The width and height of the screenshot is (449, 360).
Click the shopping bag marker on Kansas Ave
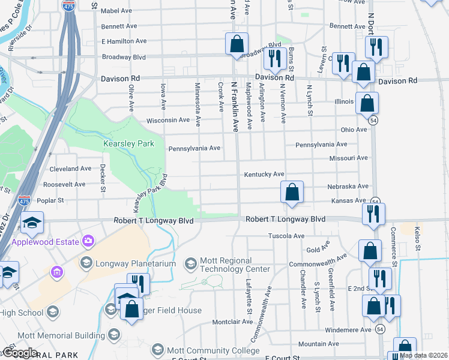click(292, 193)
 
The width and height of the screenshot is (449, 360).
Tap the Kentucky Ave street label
click(264, 174)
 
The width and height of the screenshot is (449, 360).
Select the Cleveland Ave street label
click(70, 169)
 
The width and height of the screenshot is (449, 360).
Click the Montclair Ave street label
click(232, 322)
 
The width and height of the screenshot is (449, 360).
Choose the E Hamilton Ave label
click(124, 41)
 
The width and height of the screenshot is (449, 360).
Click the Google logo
click(19, 353)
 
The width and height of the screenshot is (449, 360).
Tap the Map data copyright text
click(424, 355)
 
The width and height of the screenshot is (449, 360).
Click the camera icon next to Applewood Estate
click(89, 241)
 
